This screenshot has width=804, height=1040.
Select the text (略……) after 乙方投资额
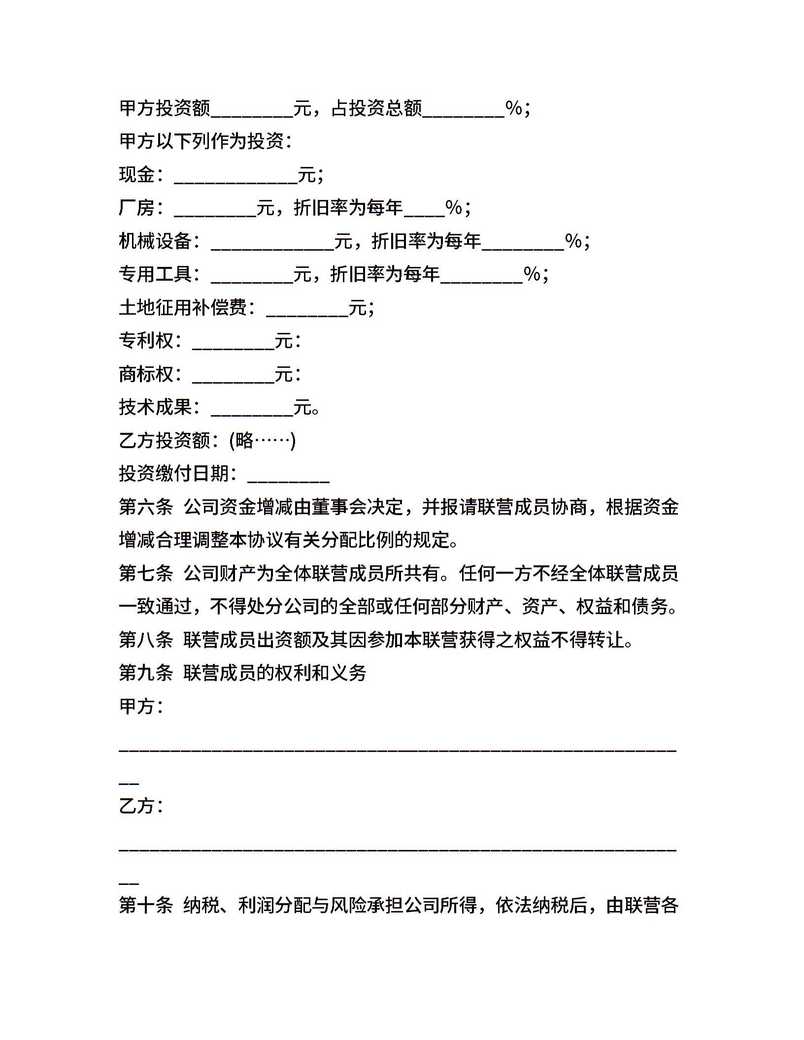point(262,441)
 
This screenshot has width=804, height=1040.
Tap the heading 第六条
point(146,507)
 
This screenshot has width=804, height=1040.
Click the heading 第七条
point(146,574)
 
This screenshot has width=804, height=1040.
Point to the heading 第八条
point(146,640)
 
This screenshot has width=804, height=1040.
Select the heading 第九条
point(146,673)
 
